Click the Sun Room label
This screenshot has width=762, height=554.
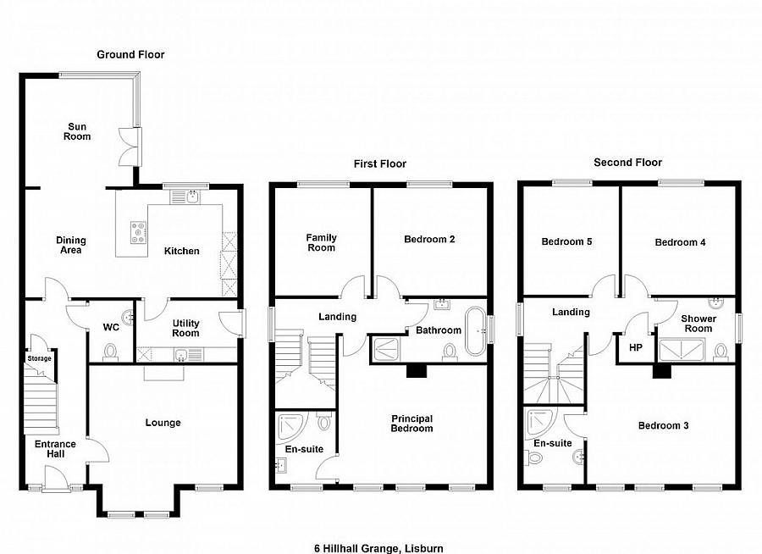point(77,131)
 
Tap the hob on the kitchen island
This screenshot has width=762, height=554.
point(139,232)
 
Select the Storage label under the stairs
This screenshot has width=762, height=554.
point(39,358)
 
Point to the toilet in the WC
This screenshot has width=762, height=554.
point(111,352)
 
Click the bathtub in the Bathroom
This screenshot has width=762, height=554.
point(475,331)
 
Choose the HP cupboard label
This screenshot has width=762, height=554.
point(636,347)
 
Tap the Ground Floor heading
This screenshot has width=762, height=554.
point(130,54)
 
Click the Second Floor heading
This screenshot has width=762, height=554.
point(628,163)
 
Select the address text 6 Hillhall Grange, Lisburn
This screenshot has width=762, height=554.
point(378,549)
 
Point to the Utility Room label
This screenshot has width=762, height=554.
point(185,329)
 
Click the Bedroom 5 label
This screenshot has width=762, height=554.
point(566,241)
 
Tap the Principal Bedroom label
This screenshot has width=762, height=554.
point(412,424)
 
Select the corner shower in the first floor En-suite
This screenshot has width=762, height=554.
point(290,427)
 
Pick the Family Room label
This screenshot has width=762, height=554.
point(321,242)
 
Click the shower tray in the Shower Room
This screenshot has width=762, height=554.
point(682,350)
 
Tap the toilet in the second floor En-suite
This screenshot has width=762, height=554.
point(533,457)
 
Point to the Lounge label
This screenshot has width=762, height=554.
point(163,423)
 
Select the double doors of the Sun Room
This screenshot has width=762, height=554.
point(130,147)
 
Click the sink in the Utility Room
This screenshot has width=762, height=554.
point(181,355)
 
